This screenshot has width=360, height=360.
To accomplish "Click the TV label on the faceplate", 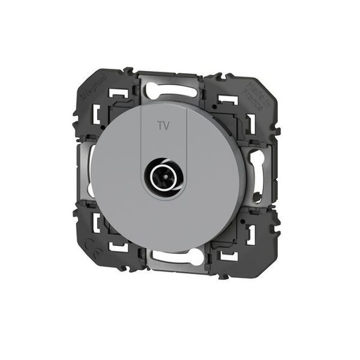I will [x=162, y=127].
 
